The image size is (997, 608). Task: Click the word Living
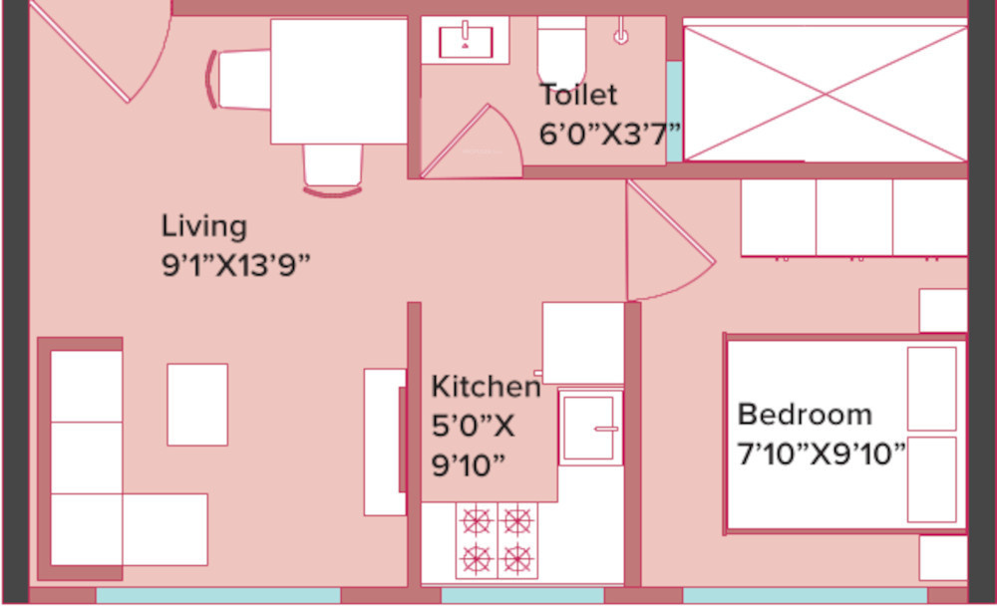(x=203, y=226)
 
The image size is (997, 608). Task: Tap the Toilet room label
(x=578, y=96)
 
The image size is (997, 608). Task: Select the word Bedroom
(x=805, y=414)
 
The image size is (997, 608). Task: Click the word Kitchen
(x=486, y=387)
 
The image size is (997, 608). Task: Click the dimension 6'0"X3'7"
(x=609, y=134)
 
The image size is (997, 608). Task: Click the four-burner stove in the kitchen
(x=496, y=539)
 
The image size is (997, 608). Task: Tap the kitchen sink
(x=590, y=428)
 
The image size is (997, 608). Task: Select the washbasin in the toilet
(x=466, y=40)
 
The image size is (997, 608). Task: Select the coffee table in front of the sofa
(x=197, y=404)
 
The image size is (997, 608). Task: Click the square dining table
(x=339, y=81)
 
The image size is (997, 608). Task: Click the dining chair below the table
(x=332, y=166)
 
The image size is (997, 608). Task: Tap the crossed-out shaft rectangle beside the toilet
(x=825, y=92)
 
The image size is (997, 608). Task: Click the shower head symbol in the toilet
(x=621, y=34)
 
